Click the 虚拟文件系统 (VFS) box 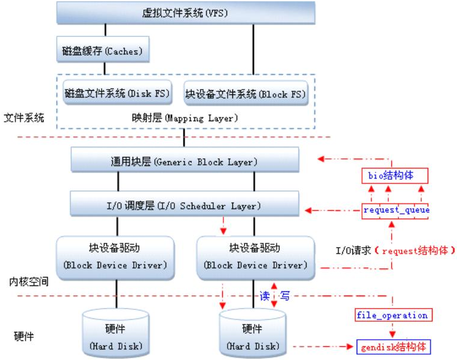click(x=185, y=12)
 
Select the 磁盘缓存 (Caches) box click(x=103, y=51)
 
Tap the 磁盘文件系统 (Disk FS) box click(x=117, y=94)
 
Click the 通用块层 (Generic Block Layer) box click(x=185, y=161)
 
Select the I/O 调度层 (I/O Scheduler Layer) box click(x=185, y=205)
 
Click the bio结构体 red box click(x=395, y=176)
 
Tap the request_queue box click(x=396, y=210)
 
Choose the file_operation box click(x=392, y=315)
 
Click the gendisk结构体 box click(x=394, y=347)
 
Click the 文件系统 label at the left click(x=24, y=118)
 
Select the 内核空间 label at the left click(x=24, y=280)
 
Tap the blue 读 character click(x=264, y=296)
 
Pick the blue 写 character click(x=286, y=296)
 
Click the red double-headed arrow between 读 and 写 click(x=274, y=296)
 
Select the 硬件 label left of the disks click(x=24, y=336)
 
